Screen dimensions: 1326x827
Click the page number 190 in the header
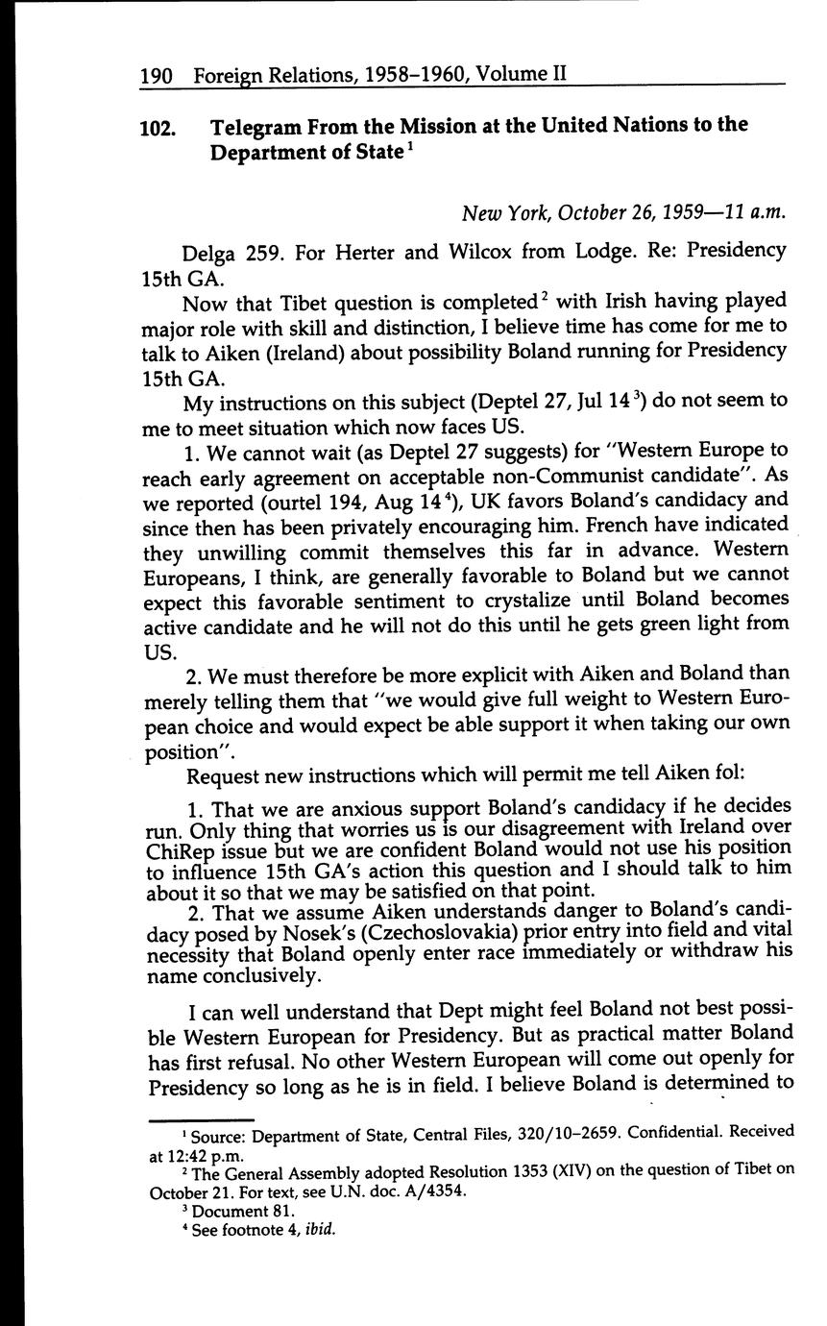click(156, 74)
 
